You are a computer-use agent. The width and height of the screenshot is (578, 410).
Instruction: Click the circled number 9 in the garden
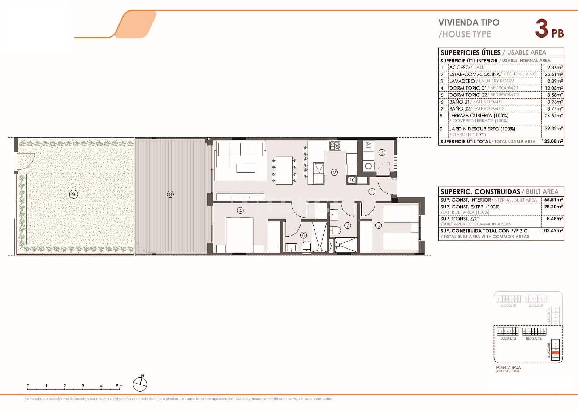coord(73,194)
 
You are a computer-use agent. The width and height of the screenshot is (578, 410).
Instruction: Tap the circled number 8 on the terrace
coord(170,194)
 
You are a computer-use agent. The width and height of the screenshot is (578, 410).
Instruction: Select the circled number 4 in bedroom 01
coord(240,210)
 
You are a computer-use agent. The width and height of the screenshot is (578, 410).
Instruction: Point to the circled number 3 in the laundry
coord(382,152)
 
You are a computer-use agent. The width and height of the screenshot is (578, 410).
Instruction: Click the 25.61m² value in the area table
coord(553,74)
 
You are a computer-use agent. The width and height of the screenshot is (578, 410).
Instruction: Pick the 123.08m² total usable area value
coord(552,142)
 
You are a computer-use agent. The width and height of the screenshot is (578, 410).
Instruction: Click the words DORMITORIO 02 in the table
coord(467,95)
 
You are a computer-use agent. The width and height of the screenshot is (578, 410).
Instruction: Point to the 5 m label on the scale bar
coord(119,386)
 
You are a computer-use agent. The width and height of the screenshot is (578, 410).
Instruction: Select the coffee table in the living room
coord(246,168)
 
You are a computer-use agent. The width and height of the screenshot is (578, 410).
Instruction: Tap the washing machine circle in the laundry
coord(368,166)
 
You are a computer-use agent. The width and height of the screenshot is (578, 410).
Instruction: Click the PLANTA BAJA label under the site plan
coord(508,367)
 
